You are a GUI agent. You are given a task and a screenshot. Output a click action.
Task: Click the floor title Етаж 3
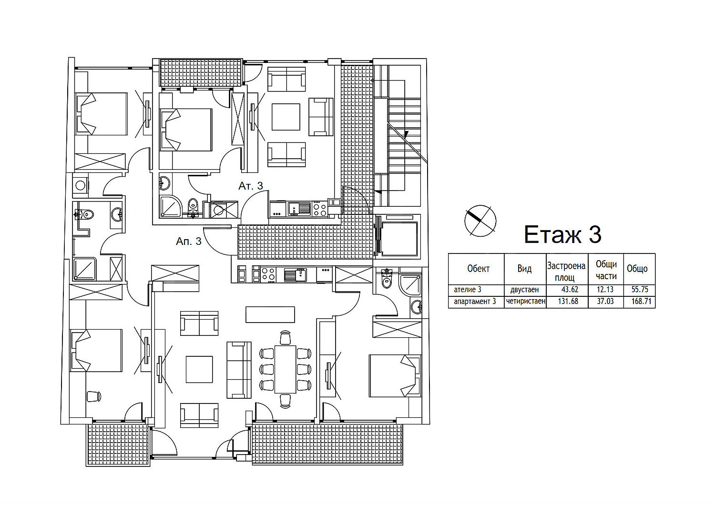tap(563, 234)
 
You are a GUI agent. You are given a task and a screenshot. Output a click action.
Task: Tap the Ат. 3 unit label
tap(251, 186)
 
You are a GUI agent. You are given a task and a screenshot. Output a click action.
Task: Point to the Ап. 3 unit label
tap(189, 241)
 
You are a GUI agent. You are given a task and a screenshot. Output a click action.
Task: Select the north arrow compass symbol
tap(480, 221)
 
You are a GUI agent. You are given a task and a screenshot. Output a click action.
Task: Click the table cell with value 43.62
tap(570, 290)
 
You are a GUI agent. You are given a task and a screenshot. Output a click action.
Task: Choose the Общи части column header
tap(606, 270)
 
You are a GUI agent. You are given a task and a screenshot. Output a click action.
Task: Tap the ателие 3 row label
tap(468, 290)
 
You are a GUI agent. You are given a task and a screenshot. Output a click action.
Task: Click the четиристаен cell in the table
tap(525, 301)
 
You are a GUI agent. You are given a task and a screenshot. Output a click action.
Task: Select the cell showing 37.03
tap(605, 301)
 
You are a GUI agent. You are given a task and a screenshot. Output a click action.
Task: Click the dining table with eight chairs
tap(286, 369)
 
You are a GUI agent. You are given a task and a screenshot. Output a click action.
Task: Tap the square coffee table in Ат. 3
tap(286, 117)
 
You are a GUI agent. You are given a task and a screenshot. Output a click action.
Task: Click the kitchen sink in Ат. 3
tap(299, 209)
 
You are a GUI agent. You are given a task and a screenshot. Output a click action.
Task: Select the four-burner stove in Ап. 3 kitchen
tap(268, 275)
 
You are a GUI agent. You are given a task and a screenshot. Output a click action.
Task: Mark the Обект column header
tap(478, 269)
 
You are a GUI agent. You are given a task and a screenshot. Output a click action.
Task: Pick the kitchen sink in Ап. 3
tap(295, 275)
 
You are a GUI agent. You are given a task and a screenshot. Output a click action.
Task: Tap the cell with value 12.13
tap(605, 290)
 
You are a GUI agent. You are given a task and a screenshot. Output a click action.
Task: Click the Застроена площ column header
tap(566, 272)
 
